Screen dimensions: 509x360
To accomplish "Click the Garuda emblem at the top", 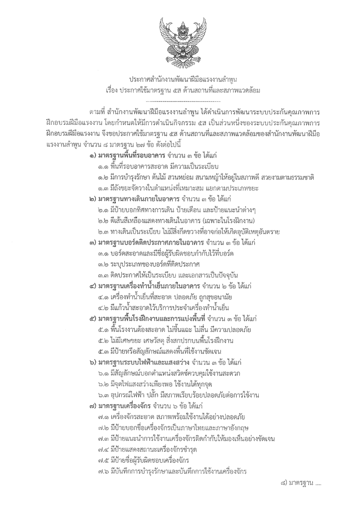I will click(x=180, y=39).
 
